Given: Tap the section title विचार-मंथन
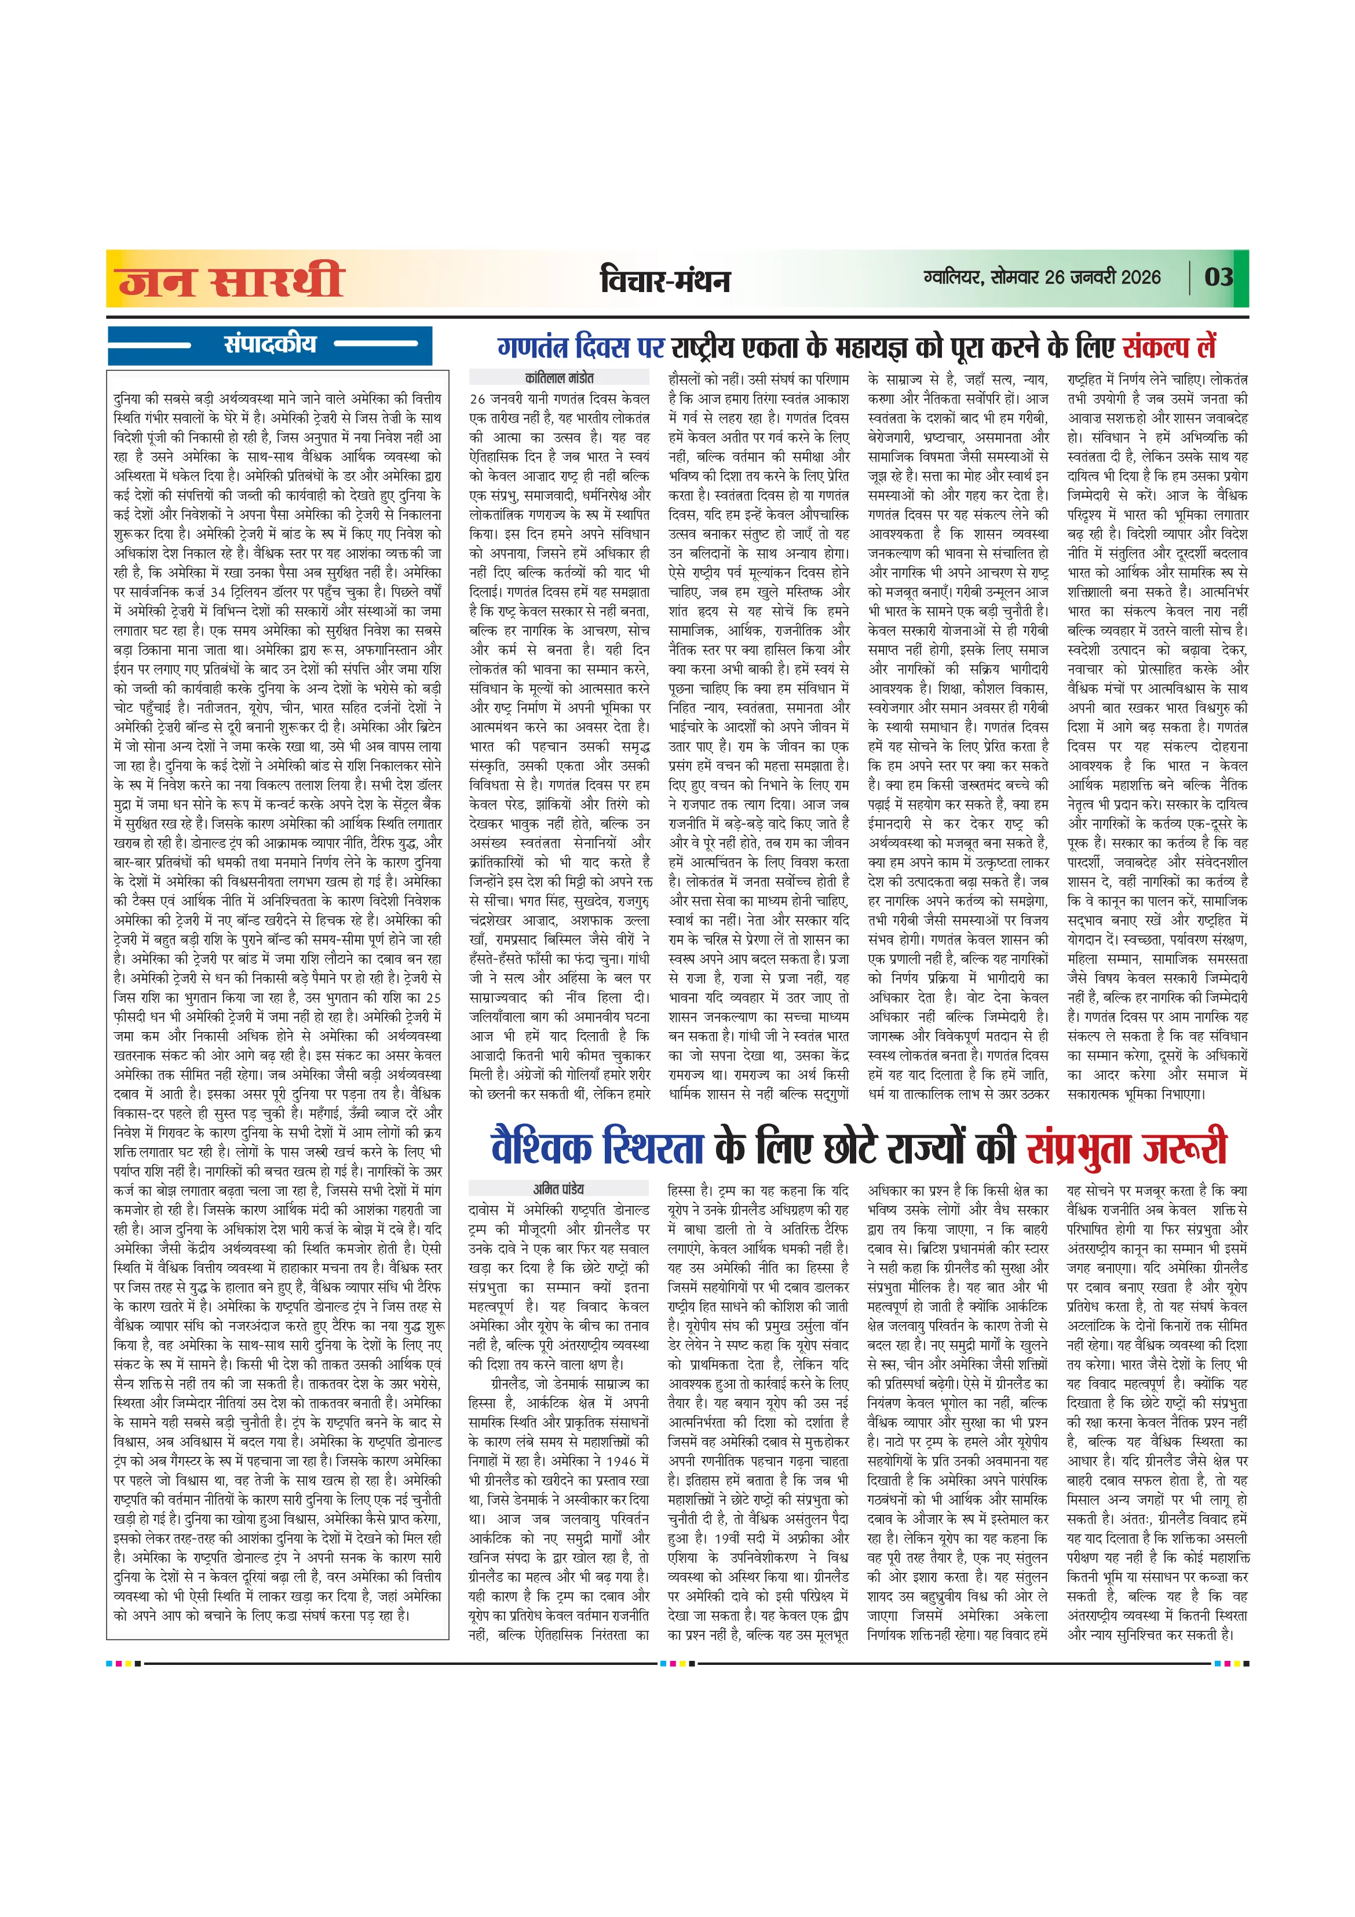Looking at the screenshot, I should (x=664, y=280).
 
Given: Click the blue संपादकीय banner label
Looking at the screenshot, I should (x=269, y=344).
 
